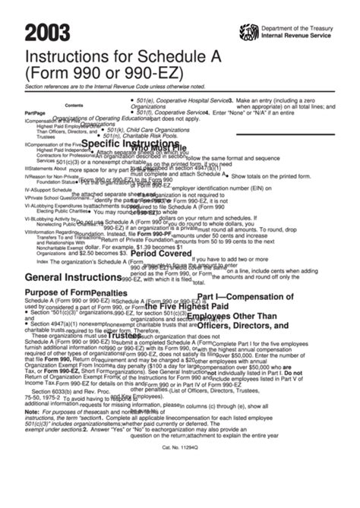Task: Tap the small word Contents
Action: [74, 106]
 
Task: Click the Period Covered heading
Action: [160, 254]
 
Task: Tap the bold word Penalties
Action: [109, 292]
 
